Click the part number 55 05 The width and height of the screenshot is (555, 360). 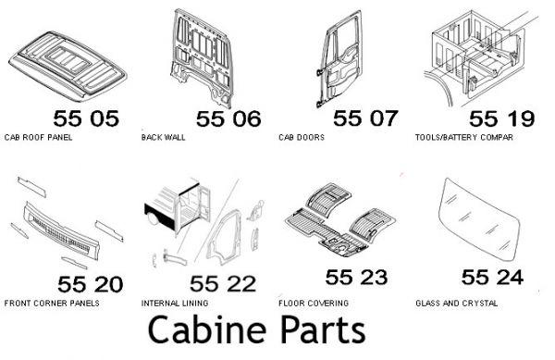coord(86,118)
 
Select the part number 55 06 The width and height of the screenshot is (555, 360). coord(228,118)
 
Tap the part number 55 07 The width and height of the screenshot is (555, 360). coord(365,118)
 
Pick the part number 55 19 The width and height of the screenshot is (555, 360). coord(502,118)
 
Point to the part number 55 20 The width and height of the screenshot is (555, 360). coord(91,284)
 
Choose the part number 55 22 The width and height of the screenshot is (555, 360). coord(223,283)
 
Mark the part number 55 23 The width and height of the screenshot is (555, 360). coord(356,277)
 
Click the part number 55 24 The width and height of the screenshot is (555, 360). coord(493,277)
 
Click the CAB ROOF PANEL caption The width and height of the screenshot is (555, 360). coord(38,137)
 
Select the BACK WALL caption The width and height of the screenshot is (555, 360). coord(163,137)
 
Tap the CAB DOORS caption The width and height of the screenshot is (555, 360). coord(302,137)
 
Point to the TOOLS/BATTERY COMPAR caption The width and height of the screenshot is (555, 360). coord(464,137)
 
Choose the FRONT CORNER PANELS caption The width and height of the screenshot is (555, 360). coord(52,304)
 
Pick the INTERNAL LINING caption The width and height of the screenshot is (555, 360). coord(175,304)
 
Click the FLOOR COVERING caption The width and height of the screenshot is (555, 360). coord(314,304)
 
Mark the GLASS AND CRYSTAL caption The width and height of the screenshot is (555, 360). coord(457,304)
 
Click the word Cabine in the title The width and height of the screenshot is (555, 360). coord(207,329)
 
